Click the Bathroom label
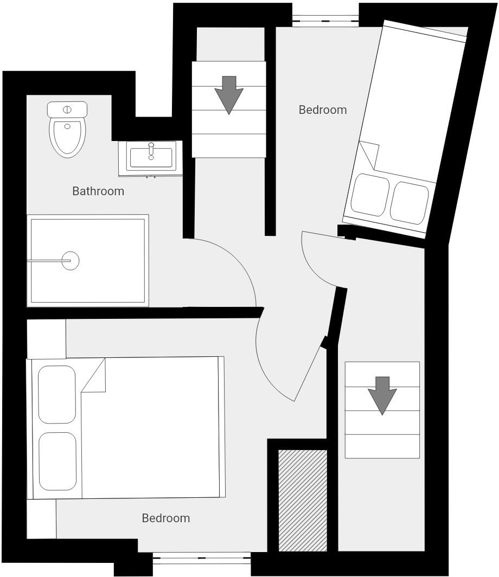tap(98, 191)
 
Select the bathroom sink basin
tap(151, 156)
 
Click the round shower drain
tap(70, 261)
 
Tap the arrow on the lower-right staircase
tap(382, 395)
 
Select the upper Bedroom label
tap(323, 110)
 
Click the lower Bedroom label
tap(166, 518)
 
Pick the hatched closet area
tap(303, 500)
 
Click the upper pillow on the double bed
tap(57, 394)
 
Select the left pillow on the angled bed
tap(370, 194)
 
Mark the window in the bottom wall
tap(201, 558)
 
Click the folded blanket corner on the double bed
tap(94, 375)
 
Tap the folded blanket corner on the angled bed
tap(369, 154)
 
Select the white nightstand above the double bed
tap(46, 338)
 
